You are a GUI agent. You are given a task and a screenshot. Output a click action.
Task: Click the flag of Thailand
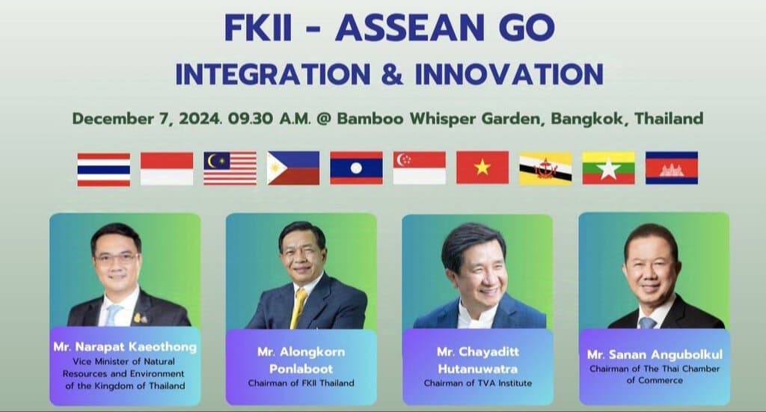click(x=103, y=170)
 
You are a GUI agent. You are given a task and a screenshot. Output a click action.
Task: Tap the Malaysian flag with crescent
click(x=230, y=168)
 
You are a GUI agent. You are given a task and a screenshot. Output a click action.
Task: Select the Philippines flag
click(x=293, y=168)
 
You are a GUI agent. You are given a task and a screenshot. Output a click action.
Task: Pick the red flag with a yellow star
click(x=482, y=167)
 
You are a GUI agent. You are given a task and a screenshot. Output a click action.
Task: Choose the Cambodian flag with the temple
click(x=671, y=168)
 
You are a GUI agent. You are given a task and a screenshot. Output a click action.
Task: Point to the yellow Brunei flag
click(x=545, y=168)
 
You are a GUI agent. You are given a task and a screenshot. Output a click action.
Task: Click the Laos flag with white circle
click(x=356, y=168)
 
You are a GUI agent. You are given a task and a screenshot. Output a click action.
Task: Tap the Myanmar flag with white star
click(x=608, y=168)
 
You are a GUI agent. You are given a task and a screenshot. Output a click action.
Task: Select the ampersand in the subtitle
click(x=392, y=74)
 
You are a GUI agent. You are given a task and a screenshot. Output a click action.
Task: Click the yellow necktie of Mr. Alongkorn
click(x=298, y=308)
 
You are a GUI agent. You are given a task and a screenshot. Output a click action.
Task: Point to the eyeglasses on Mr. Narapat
click(x=116, y=258)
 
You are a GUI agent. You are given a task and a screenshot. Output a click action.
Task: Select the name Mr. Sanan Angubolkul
click(x=655, y=354)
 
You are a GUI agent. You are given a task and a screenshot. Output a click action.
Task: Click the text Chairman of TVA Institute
click(x=478, y=384)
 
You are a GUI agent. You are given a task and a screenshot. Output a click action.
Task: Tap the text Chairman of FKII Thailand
click(x=301, y=384)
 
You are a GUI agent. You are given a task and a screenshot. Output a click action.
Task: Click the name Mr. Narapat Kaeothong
click(x=125, y=347)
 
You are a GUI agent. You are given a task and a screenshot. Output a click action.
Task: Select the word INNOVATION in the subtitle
click(x=509, y=74)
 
